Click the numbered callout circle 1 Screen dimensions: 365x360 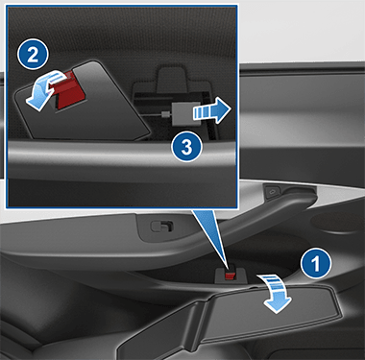point(316,264)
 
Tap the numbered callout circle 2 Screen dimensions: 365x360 point(33,55)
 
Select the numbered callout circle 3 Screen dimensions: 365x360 point(186,147)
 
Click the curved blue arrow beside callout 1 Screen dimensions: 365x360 point(276,293)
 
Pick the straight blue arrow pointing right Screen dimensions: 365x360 point(211,110)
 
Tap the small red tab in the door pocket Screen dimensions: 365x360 point(230,276)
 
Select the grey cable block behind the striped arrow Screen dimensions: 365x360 point(186,114)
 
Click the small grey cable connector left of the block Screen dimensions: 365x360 point(165,114)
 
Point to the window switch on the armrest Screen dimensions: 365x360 point(162,227)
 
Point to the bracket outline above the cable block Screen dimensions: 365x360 point(172,79)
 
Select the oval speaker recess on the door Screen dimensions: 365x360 point(338,221)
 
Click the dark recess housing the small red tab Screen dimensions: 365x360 point(230,276)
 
